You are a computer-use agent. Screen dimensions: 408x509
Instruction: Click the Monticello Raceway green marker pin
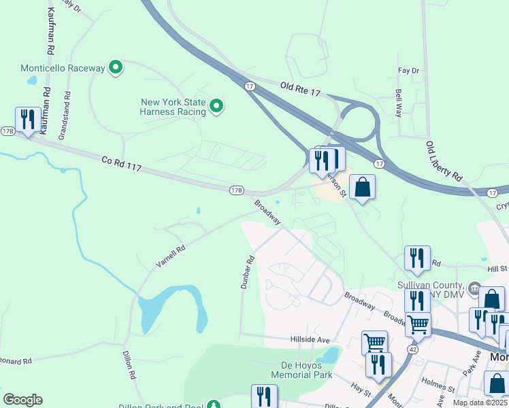pyautogui.click(x=116, y=67)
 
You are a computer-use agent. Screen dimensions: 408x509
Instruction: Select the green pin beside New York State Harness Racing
pyautogui.click(x=216, y=106)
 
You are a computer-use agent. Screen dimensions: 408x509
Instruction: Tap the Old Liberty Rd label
pyautogui.click(x=443, y=161)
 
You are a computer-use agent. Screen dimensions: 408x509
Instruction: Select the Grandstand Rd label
pyautogui.click(x=65, y=115)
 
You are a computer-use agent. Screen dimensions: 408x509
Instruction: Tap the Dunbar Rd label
pyautogui.click(x=247, y=272)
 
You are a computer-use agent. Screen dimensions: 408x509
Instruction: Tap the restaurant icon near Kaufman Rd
pyautogui.click(x=27, y=120)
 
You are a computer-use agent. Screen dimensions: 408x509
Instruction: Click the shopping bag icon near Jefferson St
pyautogui.click(x=362, y=186)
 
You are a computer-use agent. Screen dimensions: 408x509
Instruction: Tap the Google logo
pyautogui.click(x=22, y=400)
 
